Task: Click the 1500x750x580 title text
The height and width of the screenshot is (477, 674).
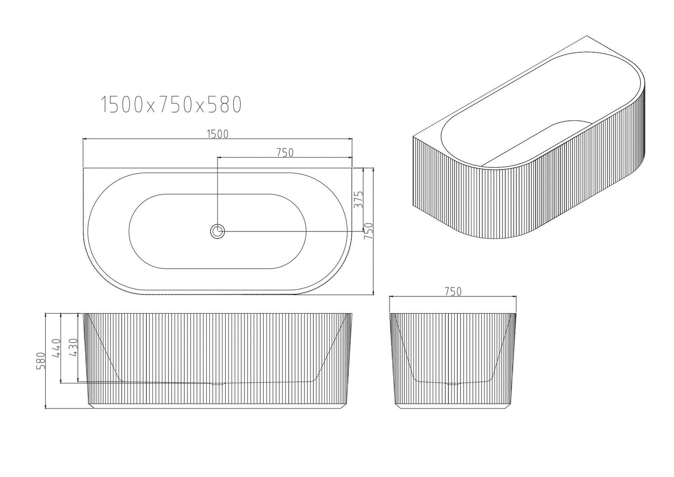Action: tap(171, 105)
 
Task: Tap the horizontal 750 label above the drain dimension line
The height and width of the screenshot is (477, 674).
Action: tap(285, 152)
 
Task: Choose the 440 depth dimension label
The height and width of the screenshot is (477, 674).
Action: tap(56, 348)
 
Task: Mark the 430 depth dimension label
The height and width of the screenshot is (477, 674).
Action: tap(73, 348)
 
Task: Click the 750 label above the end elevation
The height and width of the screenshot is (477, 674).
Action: tap(452, 292)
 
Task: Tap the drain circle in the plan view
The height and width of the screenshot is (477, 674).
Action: tap(217, 231)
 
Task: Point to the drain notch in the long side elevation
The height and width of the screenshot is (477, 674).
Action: tap(218, 384)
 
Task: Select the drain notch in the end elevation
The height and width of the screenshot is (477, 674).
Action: tap(453, 384)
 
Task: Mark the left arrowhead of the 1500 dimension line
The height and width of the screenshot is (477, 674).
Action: tap(84, 139)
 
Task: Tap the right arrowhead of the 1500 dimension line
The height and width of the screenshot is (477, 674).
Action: tap(350, 139)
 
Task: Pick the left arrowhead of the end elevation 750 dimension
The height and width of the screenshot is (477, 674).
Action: tap(391, 296)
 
